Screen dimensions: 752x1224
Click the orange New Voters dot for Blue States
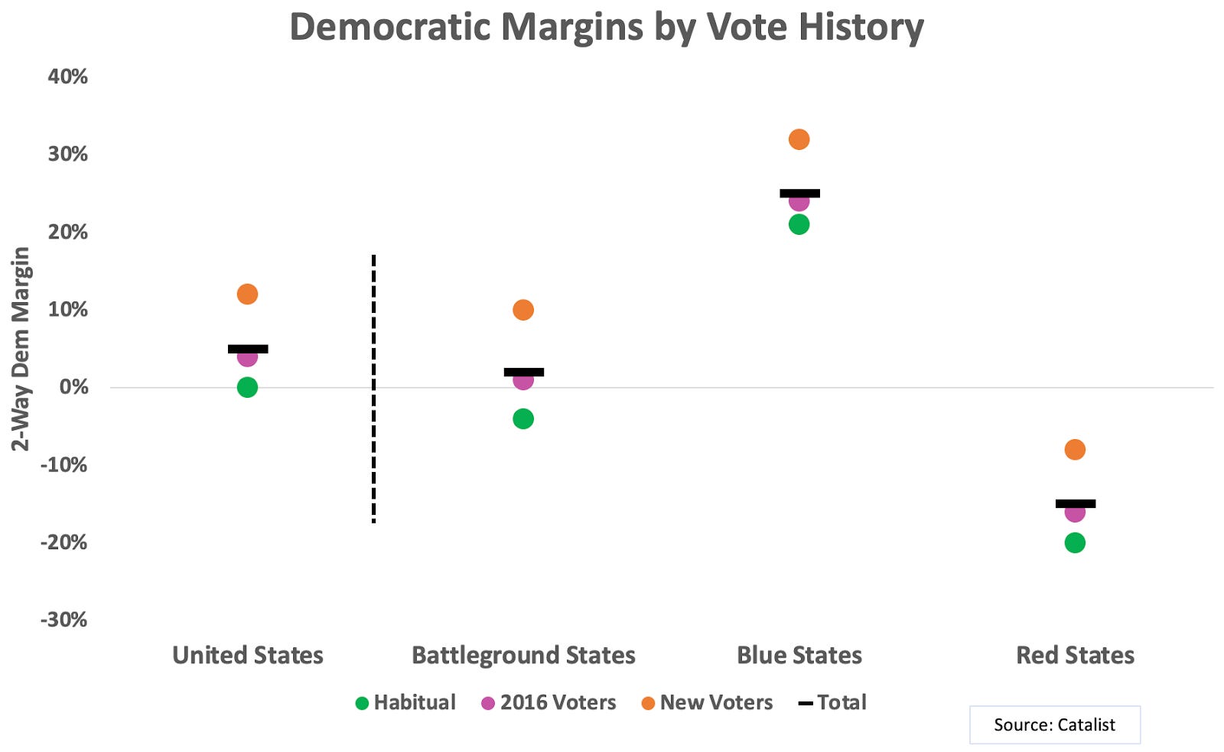pos(799,139)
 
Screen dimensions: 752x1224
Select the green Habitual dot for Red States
pos(1074,542)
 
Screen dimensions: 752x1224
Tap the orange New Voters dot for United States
pos(247,294)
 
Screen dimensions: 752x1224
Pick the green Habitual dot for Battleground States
pos(523,418)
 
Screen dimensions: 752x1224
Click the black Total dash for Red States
pos(1075,503)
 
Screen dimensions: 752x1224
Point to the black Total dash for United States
pos(248,349)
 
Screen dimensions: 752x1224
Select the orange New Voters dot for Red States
pos(1074,449)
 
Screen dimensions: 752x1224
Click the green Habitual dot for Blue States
pos(799,224)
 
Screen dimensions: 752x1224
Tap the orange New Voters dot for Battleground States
pos(523,310)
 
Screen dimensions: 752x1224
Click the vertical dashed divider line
pos(373,389)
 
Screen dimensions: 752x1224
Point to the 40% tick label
pos(67,77)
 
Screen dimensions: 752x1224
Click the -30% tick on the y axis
pos(64,620)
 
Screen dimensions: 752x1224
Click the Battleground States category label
pos(523,656)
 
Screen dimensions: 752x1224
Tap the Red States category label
pos(1075,656)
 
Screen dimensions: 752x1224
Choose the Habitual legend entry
pos(405,702)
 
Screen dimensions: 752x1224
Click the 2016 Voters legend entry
pos(549,702)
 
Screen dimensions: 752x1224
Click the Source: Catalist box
pos(1054,724)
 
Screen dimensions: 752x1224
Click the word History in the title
pos(861,28)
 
